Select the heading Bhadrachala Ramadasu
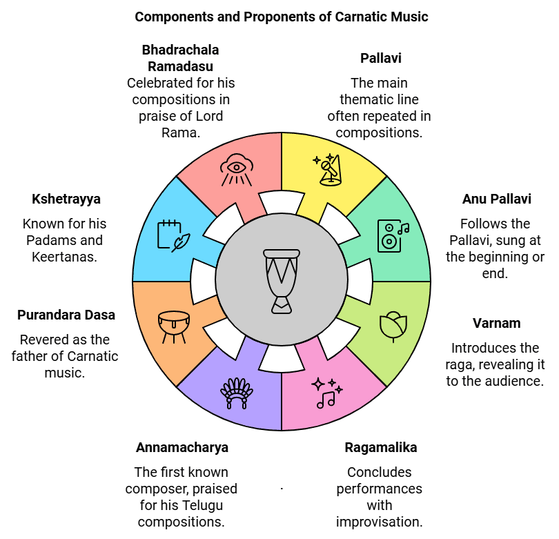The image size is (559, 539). [180, 58]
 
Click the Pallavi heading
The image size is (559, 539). [380, 58]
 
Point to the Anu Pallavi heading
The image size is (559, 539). [496, 199]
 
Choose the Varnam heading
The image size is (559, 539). [496, 323]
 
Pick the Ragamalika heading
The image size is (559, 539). [380, 447]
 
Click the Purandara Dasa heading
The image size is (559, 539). [66, 315]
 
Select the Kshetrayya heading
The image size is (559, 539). [66, 199]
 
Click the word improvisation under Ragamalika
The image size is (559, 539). [379, 522]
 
